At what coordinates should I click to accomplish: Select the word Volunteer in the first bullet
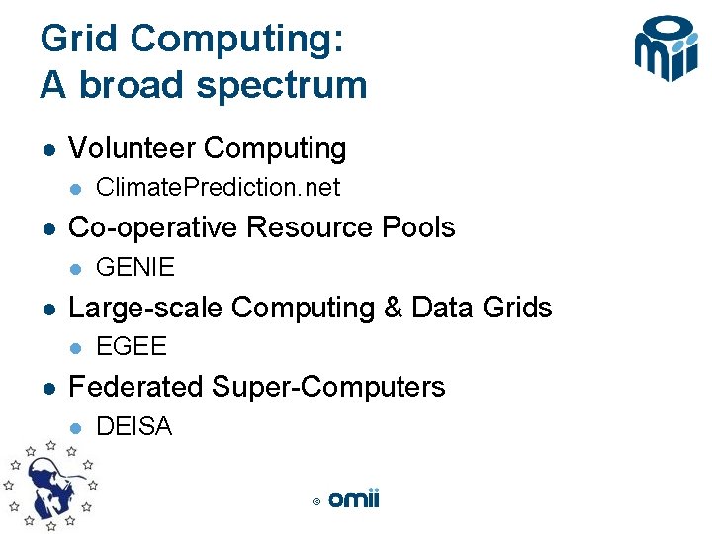pyautogui.click(x=131, y=149)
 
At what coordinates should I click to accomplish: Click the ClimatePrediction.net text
pyautogui.click(x=218, y=188)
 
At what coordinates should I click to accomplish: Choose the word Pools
pyautogui.click(x=419, y=228)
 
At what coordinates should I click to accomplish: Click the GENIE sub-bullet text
pyautogui.click(x=135, y=268)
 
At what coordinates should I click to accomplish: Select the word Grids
pyautogui.click(x=514, y=309)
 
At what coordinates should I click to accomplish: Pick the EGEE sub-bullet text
pyautogui.click(x=132, y=348)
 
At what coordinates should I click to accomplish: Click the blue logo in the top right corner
pyautogui.click(x=667, y=48)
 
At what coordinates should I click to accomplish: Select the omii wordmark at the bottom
pyautogui.click(x=353, y=499)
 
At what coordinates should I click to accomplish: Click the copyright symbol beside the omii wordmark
pyautogui.click(x=316, y=502)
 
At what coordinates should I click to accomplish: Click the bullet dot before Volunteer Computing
pyautogui.click(x=45, y=150)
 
